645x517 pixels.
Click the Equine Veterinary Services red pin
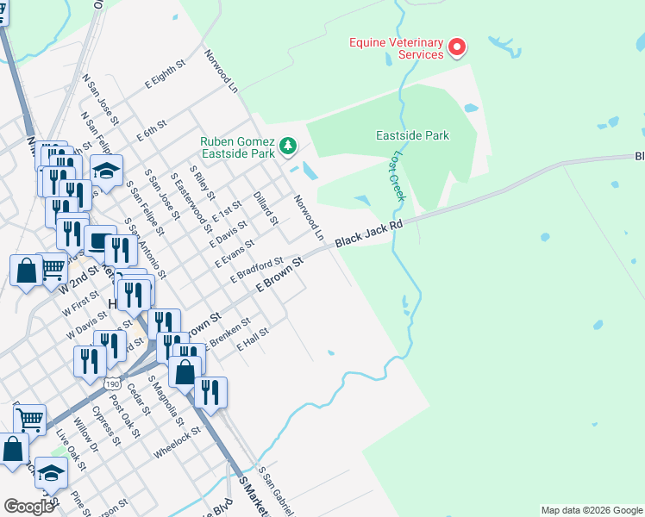pos(457,47)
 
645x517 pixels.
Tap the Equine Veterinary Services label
pos(396,48)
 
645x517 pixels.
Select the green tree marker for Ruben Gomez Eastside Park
pos(288,147)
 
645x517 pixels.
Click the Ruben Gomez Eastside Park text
pos(237,147)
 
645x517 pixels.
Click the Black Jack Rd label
pos(369,234)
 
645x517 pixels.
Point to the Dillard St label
pos(265,208)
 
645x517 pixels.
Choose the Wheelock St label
pos(177,442)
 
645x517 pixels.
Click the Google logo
pos(28,507)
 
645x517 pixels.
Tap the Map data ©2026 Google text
pos(592,510)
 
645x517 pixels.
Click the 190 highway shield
pos(112,382)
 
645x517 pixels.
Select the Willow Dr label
pos(86,435)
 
